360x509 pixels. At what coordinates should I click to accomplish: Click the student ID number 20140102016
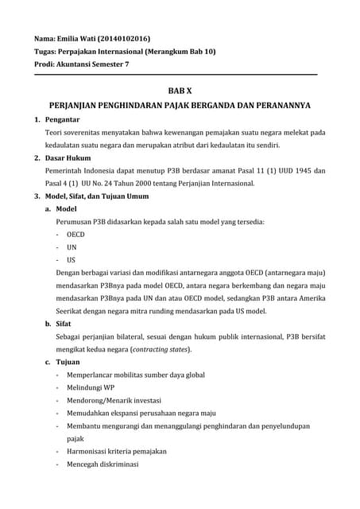click(125, 38)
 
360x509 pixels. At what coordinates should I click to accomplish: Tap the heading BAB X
click(180, 91)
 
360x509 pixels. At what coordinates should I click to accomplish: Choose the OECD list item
click(75, 235)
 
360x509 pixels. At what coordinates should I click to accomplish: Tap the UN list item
click(72, 247)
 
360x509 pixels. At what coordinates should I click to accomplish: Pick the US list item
click(72, 260)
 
